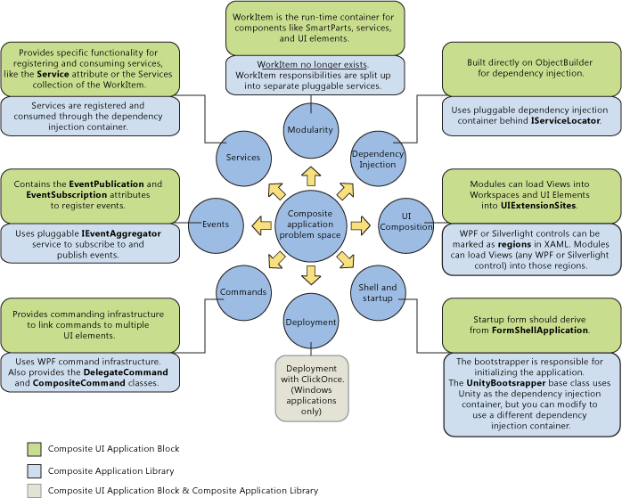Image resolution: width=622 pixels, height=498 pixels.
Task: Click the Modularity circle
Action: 310,130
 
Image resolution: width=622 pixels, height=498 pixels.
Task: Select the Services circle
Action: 242,158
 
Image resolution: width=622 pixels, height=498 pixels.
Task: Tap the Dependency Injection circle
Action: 377,159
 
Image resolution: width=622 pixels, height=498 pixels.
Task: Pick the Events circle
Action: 216,225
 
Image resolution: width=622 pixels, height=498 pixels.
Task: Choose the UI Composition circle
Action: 406,222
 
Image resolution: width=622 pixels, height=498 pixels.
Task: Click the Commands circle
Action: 242,292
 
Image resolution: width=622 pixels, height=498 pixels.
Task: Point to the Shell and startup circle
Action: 378,293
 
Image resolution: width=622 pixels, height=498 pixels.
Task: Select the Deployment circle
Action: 311,322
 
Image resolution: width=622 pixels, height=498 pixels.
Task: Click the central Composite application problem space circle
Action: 310,225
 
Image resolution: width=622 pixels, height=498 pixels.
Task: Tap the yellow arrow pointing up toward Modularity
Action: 310,175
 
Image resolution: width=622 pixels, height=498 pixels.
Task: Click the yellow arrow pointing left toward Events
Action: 261,225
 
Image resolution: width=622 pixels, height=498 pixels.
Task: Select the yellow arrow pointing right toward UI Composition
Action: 359,225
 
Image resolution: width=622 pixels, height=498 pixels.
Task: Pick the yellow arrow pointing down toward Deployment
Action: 310,274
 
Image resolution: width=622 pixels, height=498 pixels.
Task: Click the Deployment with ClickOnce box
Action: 311,388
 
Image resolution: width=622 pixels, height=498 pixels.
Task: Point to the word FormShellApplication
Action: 541,331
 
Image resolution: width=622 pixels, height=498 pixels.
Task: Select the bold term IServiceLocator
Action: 565,121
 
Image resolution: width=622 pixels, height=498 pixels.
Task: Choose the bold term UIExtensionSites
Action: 532,206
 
